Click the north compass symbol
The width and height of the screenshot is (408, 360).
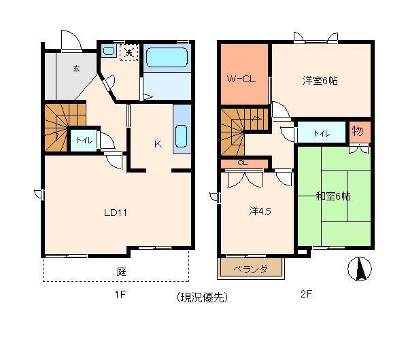360,269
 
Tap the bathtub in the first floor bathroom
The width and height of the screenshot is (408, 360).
167,58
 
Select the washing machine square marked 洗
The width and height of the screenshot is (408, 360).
129,53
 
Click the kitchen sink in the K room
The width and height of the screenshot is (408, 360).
181,136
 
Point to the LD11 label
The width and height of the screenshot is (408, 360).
116,213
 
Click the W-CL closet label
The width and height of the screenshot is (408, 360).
241,79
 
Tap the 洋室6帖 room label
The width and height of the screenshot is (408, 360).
320,81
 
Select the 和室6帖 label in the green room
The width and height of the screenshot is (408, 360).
333,196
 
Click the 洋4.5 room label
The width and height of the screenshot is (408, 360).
260,211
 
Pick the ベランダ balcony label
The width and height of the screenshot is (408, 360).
250,268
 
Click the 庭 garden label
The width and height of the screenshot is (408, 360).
122,272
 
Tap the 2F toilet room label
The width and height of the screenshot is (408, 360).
322,133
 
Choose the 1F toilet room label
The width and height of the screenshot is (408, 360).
84,141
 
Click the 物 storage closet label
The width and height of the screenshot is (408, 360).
357,131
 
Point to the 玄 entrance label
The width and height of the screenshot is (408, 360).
76,69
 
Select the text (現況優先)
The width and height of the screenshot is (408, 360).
202,297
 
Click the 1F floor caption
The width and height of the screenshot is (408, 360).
120,295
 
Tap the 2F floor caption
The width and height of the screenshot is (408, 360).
306,294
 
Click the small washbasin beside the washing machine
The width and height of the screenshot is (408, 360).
109,51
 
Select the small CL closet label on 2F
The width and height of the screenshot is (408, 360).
243,163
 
